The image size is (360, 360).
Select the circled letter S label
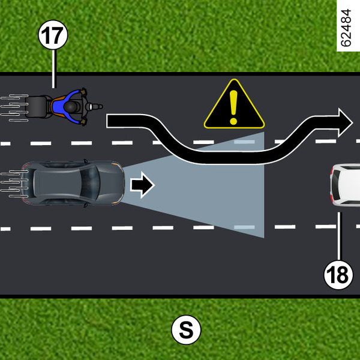tap(186, 329)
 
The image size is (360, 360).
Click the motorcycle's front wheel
tap(96, 107)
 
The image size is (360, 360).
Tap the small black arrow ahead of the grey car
tap(143, 185)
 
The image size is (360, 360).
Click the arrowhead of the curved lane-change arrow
tap(346, 122)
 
